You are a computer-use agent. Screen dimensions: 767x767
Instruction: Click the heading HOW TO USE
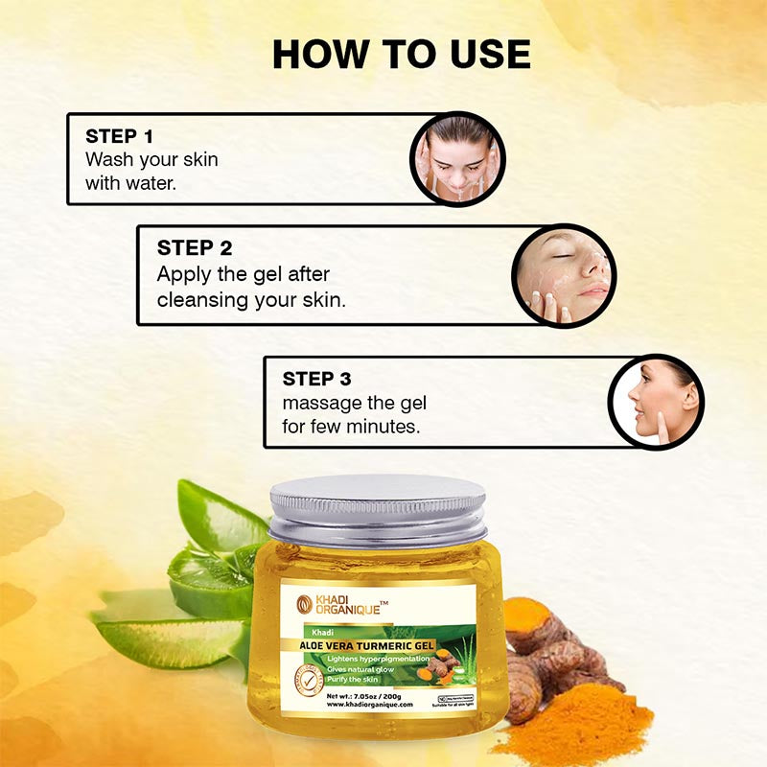click(x=401, y=54)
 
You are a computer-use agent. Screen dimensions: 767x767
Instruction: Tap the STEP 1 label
click(x=119, y=136)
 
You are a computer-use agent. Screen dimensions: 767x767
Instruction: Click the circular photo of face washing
click(x=457, y=158)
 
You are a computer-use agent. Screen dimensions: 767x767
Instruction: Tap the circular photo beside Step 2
click(x=564, y=274)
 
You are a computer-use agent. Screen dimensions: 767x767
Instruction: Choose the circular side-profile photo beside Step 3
click(x=657, y=402)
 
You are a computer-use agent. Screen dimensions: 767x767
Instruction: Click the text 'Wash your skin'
click(x=151, y=159)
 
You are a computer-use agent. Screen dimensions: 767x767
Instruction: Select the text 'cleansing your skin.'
click(x=251, y=298)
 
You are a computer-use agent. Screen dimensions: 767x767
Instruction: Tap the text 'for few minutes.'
click(x=351, y=426)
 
